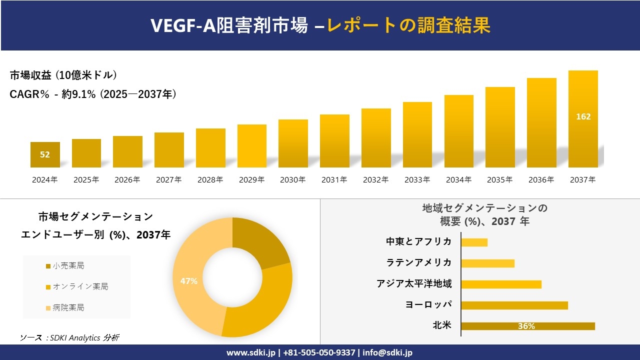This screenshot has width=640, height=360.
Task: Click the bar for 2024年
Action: [x=45, y=154]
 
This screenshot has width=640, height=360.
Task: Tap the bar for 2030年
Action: [x=293, y=143]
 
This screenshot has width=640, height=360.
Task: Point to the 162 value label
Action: [x=583, y=116]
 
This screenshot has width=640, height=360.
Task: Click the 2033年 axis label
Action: [x=417, y=180]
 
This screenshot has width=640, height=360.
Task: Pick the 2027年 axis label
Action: [x=168, y=180]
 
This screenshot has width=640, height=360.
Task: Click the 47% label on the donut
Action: [x=189, y=281]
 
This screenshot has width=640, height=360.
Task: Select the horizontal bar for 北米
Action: [x=527, y=326]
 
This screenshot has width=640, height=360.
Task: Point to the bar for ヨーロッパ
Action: [x=514, y=305]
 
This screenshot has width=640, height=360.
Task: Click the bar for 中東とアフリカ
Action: [x=474, y=242]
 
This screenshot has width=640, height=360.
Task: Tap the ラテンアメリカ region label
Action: [x=418, y=263]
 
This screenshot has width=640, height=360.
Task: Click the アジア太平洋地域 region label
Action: [x=414, y=284]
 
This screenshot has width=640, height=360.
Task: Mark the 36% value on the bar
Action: [x=526, y=326]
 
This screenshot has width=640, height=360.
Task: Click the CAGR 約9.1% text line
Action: [x=93, y=94]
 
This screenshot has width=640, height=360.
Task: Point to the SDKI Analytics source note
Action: [x=69, y=338]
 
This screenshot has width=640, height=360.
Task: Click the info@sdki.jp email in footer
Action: [x=388, y=352]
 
